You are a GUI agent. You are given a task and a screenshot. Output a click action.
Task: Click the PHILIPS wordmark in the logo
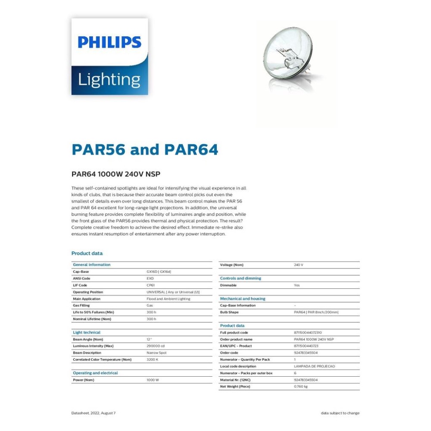tap(109, 42)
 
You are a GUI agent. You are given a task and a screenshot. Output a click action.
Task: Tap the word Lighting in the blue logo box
tap(109, 80)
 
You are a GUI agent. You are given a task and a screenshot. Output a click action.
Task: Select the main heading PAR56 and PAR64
tap(145, 150)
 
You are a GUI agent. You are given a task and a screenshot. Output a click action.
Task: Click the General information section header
tap(92, 265)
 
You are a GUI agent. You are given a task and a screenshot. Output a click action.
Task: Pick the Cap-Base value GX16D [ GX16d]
tap(159, 272)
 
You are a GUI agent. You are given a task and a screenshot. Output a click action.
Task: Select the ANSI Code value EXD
tap(150, 278)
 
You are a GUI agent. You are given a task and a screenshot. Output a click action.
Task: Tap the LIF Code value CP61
tap(150, 285)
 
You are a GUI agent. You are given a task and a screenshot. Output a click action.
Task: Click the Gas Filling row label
tap(81, 305)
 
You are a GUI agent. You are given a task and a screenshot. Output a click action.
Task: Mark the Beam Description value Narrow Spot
tap(156, 353)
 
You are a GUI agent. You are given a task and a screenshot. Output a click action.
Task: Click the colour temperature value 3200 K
tap(152, 359)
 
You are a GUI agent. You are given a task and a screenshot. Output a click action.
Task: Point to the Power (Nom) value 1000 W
tap(153, 380)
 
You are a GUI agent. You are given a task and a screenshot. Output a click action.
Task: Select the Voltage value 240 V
tap(298, 265)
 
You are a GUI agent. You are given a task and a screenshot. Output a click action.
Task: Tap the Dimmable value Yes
tap(297, 285)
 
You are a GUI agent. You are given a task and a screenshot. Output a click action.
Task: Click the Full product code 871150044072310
tap(308, 333)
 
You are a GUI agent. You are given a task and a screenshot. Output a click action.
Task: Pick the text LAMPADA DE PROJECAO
tap(314, 366)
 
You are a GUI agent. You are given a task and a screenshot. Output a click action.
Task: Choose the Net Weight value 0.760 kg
tap(300, 387)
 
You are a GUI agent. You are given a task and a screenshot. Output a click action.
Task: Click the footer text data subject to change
tap(340, 413)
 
